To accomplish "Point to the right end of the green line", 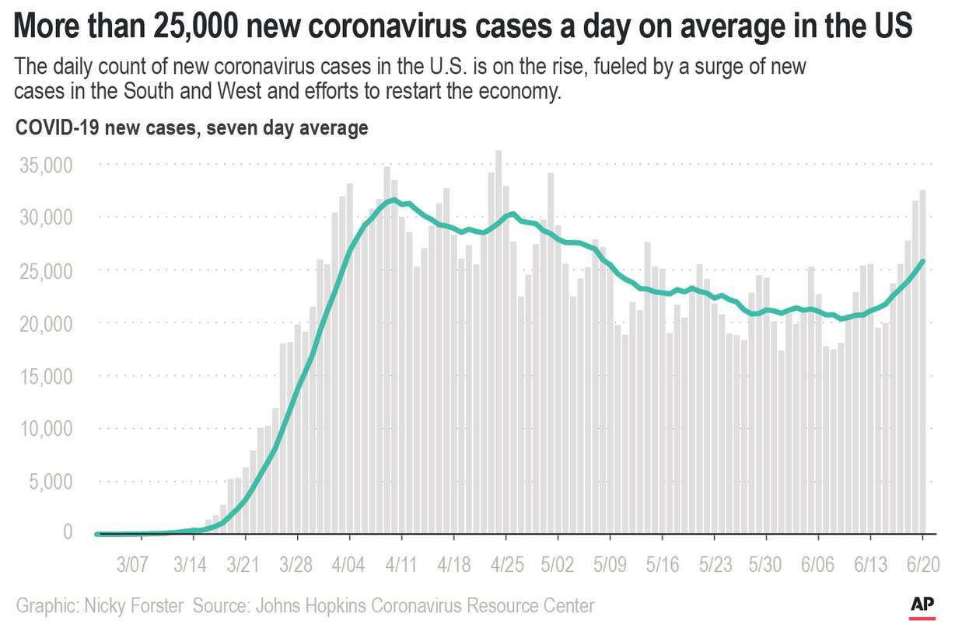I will pyautogui.click(x=922, y=262).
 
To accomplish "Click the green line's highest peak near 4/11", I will pyautogui.click(x=395, y=200).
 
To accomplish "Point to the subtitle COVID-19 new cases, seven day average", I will pyautogui.click(x=191, y=128).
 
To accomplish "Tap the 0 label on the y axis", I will pyautogui.click(x=68, y=532).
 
